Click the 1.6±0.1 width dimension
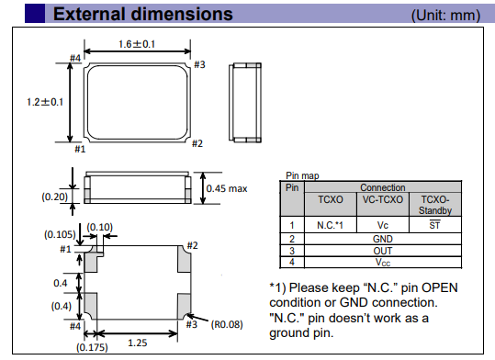click(x=137, y=44)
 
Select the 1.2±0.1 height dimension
click(x=45, y=102)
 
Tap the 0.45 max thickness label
click(x=227, y=188)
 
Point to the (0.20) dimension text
click(x=54, y=197)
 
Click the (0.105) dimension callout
click(x=60, y=234)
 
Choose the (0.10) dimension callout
click(x=100, y=227)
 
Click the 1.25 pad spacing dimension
click(x=138, y=343)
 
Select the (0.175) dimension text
click(x=92, y=347)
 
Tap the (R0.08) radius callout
click(x=227, y=324)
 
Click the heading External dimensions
click(x=143, y=14)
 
